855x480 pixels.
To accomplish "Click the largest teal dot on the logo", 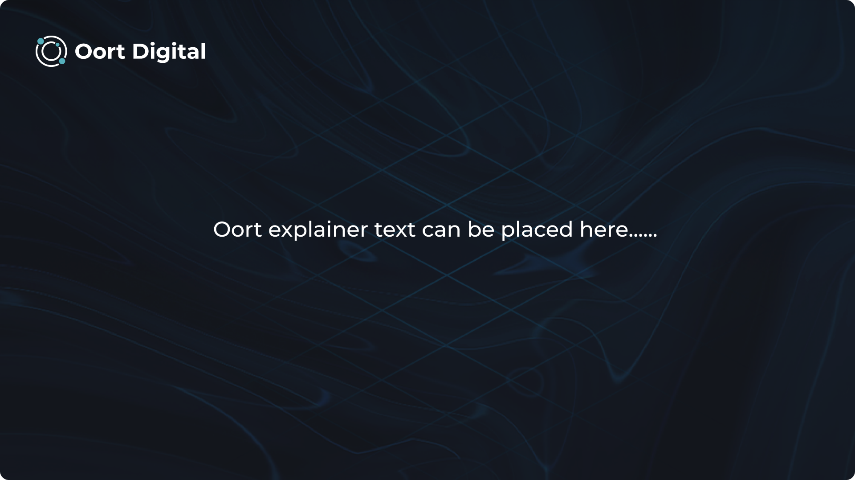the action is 41,41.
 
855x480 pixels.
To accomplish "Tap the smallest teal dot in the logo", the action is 57,45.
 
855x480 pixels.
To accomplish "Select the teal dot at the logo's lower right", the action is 62,61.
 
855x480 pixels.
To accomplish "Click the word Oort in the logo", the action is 100,52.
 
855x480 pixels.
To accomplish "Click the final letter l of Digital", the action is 203,51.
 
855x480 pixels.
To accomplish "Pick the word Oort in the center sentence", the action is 237,230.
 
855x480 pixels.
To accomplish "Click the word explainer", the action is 318,231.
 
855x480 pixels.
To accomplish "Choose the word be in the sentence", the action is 481,230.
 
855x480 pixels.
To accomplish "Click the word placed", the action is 537,231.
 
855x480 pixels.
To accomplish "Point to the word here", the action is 604,230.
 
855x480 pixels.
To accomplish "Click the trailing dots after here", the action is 643,236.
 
